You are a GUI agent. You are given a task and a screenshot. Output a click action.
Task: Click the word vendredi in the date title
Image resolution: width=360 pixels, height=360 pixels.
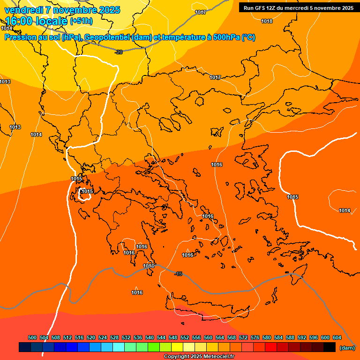pyautogui.click(x=23, y=10)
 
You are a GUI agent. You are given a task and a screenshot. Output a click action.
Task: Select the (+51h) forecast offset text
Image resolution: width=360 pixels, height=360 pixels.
pyautogui.click(x=81, y=22)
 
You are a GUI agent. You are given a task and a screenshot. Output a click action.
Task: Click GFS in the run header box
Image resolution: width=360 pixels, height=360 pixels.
pyautogui.click(x=260, y=8)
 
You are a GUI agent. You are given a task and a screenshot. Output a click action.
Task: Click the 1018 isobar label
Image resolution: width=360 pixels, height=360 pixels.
pyautogui.click(x=267, y=21)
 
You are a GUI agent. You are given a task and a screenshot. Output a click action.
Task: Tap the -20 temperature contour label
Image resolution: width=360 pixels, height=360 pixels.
pyautogui.click(x=119, y=52)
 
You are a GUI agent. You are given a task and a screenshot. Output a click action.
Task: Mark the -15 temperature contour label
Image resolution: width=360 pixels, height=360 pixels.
pyautogui.click(x=178, y=274)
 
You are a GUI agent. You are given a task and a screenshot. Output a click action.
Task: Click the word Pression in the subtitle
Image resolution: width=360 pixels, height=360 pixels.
pyautogui.click(x=20, y=37)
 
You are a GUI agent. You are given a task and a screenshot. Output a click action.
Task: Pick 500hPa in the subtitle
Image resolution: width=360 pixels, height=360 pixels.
pyautogui.click(x=227, y=37)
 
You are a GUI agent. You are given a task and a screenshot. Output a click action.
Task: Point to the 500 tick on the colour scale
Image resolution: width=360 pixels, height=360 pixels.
pyautogui.click(x=32, y=337)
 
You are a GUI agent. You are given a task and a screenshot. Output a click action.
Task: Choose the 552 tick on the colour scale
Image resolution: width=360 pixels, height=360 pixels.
pyautogui.click(x=185, y=337)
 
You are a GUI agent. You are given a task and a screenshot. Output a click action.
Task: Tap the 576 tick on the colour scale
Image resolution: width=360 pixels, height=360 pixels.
pyautogui.click(x=255, y=337)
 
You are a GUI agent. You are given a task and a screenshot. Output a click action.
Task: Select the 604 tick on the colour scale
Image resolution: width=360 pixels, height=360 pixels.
pyautogui.click(x=337, y=337)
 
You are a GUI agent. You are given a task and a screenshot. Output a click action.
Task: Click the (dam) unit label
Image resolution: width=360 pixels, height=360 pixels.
pyautogui.click(x=347, y=348)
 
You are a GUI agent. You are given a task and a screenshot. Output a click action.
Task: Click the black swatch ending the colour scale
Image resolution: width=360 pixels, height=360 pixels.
pyautogui.click(x=330, y=347)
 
